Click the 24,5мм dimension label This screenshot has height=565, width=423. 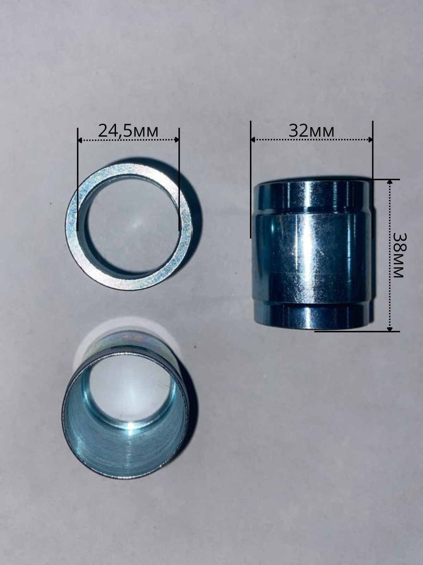point(128,131)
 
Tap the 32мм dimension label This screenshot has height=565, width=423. point(311,131)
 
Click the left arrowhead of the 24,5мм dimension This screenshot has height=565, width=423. point(80,140)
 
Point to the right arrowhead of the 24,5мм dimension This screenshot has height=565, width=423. point(177,140)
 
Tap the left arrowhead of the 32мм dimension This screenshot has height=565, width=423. point(253,140)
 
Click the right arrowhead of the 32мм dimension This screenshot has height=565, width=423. point(370,140)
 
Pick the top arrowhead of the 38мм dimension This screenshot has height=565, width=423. point(390,182)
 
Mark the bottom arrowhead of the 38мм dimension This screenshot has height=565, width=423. point(390,329)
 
